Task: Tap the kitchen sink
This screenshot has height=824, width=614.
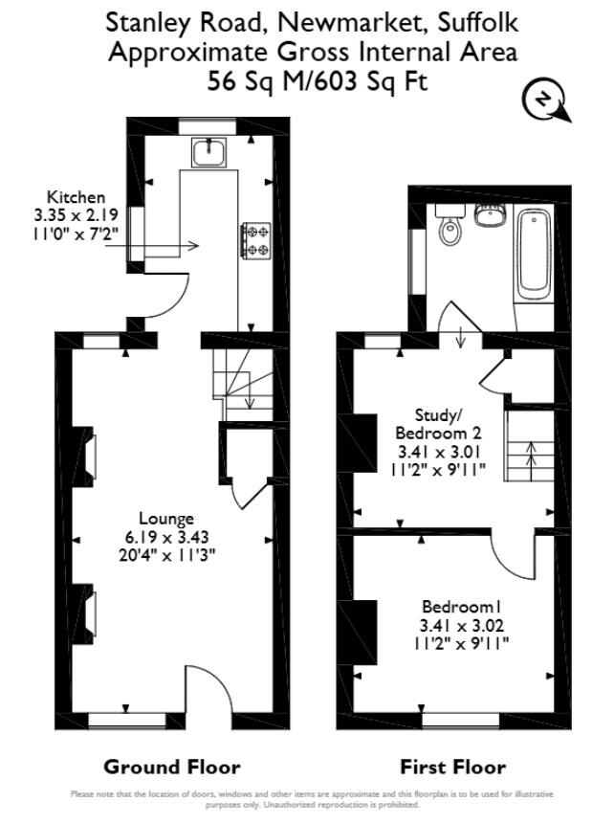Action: [208, 150]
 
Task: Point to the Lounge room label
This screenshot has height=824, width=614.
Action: [166, 519]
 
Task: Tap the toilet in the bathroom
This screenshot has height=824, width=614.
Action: [449, 228]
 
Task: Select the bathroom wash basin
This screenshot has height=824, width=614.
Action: [491, 214]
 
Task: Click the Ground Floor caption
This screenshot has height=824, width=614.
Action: [172, 767]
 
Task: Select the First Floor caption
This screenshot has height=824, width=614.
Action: [453, 767]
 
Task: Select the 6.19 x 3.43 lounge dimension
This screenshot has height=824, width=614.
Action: [166, 537]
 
